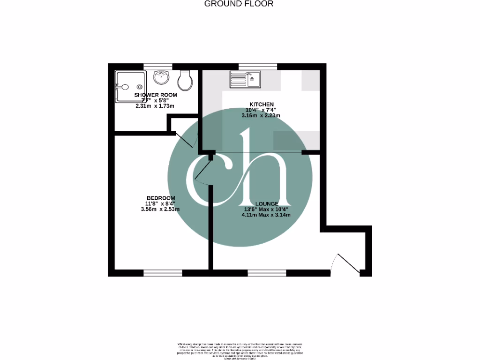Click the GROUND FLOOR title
point(239,4)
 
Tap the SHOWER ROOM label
point(156,95)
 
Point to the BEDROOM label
point(161,198)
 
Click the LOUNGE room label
point(265,203)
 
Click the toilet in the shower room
point(186,81)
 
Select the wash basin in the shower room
point(161,76)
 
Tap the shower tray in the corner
point(129,86)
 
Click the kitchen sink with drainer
point(245,79)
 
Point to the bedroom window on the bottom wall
point(163,273)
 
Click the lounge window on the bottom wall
point(267,273)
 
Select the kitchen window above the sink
point(257,66)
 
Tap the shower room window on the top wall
point(157,66)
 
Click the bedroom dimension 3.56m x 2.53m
point(161,210)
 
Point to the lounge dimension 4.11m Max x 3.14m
point(266,215)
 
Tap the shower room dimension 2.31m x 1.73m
point(155,106)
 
